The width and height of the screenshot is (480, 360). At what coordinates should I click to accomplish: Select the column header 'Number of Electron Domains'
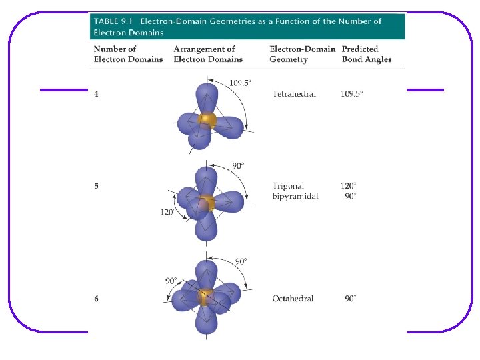click(x=128, y=54)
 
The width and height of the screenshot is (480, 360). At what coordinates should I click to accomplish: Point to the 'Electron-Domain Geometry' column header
click(x=302, y=54)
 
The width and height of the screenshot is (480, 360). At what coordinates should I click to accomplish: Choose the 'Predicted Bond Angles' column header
click(x=366, y=54)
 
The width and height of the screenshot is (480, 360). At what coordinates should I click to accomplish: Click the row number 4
click(x=97, y=94)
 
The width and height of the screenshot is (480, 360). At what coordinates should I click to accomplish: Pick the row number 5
click(x=97, y=186)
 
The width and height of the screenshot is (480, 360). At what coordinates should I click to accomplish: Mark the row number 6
click(x=97, y=299)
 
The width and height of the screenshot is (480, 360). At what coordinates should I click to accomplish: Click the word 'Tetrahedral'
click(x=294, y=94)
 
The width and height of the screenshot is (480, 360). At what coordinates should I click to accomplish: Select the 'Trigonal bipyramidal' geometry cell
click(x=295, y=191)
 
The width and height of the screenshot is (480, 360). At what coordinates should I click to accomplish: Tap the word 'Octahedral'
click(x=293, y=299)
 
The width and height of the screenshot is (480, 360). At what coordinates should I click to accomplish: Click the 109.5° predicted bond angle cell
click(x=352, y=94)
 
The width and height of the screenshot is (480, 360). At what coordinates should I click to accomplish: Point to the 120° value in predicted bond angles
click(x=349, y=186)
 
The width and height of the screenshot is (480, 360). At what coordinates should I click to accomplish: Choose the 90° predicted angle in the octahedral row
click(x=351, y=299)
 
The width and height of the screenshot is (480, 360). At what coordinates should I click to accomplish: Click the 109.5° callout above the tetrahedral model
click(x=241, y=83)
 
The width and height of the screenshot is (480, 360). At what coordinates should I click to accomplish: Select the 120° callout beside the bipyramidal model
click(x=167, y=212)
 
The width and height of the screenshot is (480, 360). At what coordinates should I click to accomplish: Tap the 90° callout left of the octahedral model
click(x=171, y=281)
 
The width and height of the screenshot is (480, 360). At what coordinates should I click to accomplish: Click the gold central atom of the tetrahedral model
click(x=207, y=121)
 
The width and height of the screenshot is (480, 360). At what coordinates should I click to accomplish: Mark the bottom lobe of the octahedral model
click(x=207, y=321)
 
